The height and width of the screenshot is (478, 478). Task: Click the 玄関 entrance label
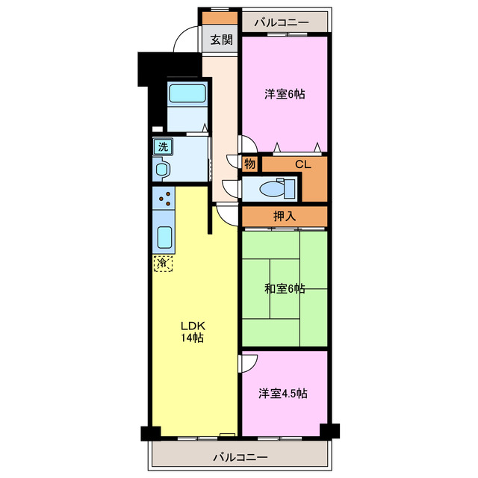222,40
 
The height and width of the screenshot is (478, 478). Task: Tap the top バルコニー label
282,22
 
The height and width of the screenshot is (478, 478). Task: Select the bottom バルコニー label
240,457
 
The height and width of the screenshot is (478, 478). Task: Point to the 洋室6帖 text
285,94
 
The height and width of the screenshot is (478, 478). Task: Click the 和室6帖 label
285,288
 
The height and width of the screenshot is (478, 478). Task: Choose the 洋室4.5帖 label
283,394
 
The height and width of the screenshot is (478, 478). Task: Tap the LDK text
193,326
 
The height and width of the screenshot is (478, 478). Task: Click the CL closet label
303,164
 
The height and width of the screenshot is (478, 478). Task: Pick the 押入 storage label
285,216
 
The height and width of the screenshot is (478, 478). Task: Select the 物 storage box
250,164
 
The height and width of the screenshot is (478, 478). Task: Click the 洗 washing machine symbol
163,147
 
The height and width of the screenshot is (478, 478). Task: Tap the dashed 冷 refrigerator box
163,263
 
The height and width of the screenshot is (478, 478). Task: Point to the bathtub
187,93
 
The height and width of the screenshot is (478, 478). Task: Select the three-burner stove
164,198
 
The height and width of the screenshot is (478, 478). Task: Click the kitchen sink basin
164,238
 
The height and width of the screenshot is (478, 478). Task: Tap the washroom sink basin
162,170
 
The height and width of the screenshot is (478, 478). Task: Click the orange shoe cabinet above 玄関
220,18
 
